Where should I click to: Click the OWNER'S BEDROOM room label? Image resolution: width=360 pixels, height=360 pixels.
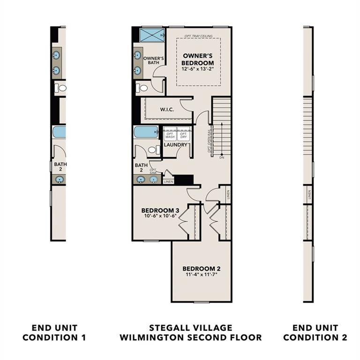coord(198,59)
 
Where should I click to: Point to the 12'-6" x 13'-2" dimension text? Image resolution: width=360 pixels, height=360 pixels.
coord(198,68)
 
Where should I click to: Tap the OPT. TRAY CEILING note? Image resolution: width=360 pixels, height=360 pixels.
coord(198,36)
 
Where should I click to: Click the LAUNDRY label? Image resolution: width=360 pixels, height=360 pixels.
coord(176,145)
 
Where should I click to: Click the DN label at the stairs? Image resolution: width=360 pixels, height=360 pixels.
coord(221,157)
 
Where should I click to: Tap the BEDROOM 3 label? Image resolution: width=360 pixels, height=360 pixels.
coord(160,210)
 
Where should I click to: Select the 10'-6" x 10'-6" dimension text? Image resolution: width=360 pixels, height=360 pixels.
coord(160,216)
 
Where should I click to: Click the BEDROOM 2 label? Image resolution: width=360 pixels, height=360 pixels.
coord(201,269)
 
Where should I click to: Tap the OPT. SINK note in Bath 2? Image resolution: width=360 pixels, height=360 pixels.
coord(153,172)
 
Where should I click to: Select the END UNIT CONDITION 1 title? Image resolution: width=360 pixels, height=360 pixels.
coord(54,332)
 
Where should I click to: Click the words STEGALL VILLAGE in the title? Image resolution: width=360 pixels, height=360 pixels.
coord(190,328)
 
